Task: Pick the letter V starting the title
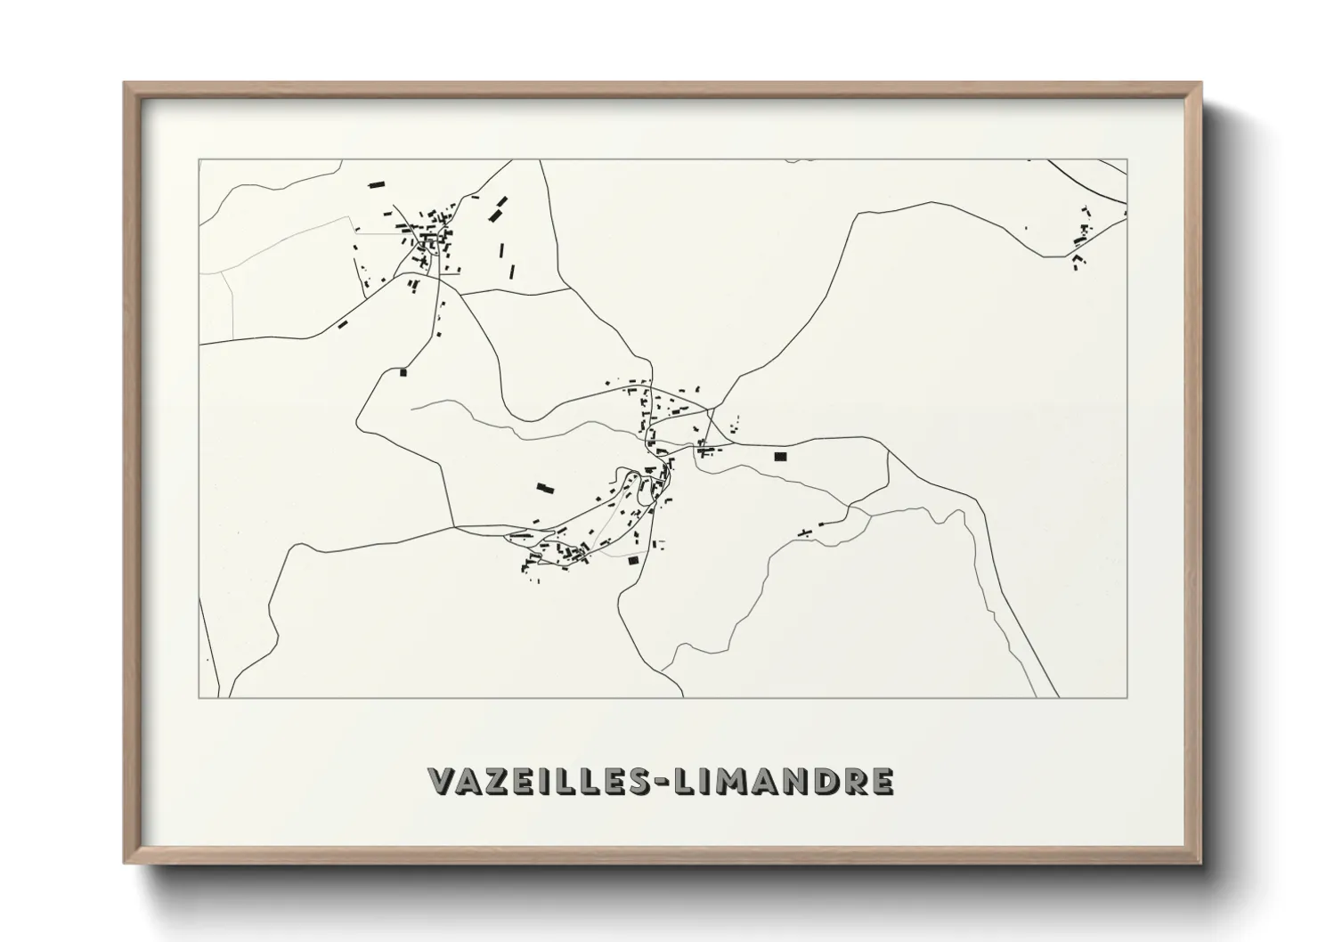442,781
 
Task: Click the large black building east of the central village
781,456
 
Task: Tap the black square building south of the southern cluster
633,560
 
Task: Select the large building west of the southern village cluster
545,487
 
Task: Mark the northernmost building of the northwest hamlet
377,185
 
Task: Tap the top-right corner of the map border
1127,160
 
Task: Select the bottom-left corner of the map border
199,697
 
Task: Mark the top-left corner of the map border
199,160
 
